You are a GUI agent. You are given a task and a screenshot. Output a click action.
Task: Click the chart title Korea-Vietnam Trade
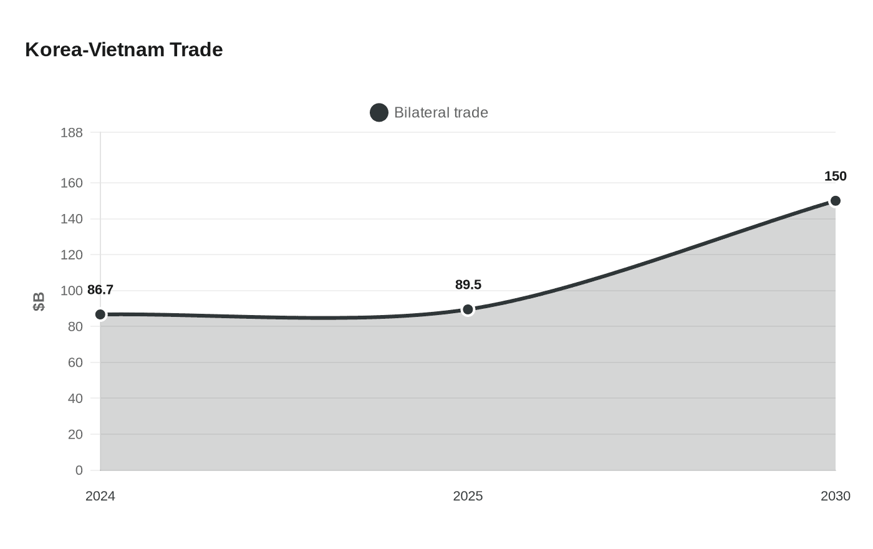pos(123,49)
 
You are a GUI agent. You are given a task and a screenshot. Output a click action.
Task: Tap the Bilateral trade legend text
pos(441,112)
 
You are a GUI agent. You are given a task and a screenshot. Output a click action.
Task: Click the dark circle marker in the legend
pos(379,112)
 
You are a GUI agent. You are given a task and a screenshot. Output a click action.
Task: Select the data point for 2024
pos(100,314)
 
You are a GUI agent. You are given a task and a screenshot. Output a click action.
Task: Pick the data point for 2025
pos(468,309)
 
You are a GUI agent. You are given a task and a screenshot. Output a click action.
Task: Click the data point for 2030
pos(835,201)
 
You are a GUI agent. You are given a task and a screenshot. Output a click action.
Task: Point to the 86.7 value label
pos(100,289)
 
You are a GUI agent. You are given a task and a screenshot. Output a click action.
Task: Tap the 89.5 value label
pos(468,284)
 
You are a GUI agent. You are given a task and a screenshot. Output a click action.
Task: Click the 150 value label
pos(835,176)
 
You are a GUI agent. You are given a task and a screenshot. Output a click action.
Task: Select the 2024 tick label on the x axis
pos(100,496)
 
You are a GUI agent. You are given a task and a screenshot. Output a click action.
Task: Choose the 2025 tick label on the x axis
pos(468,496)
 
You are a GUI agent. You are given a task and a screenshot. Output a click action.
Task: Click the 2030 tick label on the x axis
pos(835,496)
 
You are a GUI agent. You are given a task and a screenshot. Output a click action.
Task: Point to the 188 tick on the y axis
pos(72,132)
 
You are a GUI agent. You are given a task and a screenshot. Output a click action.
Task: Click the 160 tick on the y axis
pos(72,183)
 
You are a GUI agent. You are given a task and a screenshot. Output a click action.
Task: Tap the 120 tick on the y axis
pos(72,255)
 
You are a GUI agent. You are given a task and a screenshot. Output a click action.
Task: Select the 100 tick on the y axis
pos(72,291)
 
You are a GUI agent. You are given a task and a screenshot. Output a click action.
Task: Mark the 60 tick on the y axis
pos(75,362)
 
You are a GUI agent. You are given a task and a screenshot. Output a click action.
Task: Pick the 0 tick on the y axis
pos(79,470)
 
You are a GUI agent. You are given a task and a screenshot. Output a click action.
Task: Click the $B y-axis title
pos(39,301)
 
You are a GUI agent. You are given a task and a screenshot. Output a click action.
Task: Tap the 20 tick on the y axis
pos(75,434)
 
